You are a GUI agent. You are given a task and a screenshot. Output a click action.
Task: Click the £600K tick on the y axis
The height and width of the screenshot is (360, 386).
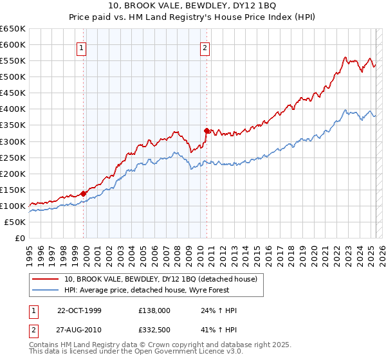[x=12, y=44]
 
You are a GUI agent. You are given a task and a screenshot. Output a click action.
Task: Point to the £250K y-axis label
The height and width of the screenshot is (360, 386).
[x=12, y=157]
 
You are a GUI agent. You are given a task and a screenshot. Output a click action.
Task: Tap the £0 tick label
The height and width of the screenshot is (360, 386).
[x=20, y=238]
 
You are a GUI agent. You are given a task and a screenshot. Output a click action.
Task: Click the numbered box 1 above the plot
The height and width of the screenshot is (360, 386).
[x=82, y=47]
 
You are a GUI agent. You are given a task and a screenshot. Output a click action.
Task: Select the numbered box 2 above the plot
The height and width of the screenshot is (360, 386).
[x=205, y=47]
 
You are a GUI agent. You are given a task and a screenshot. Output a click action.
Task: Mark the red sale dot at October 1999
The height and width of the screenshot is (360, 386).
[x=84, y=193]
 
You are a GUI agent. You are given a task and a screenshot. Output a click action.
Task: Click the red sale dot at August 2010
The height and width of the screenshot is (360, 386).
[x=207, y=130]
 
